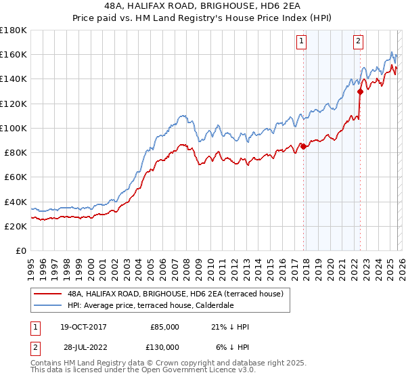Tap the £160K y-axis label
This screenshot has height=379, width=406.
13,54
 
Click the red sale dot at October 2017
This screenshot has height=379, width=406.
303,146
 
